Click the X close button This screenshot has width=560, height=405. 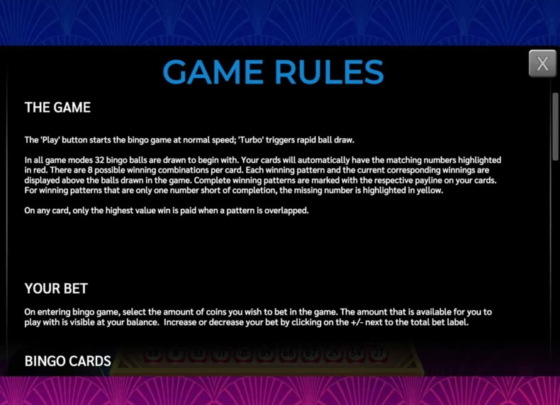pos(542,64)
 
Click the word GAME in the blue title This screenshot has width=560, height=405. pos(213,72)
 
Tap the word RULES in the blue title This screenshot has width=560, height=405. pos(329,72)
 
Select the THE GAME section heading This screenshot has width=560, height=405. pos(57,108)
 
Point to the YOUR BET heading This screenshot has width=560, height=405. pos(56,288)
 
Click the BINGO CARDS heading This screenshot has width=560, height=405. pos(68,361)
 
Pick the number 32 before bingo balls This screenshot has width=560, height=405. pos(99,160)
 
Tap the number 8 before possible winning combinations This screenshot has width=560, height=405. pos(89,170)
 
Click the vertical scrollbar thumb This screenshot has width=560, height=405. pos(555,127)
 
